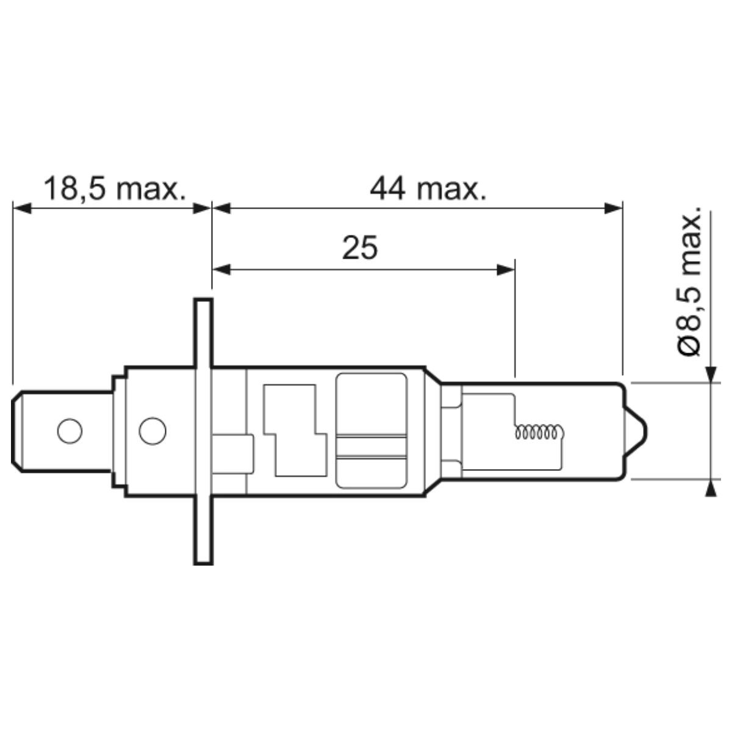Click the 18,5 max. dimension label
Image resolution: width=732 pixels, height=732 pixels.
point(115,188)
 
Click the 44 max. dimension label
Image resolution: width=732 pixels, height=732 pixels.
point(428,188)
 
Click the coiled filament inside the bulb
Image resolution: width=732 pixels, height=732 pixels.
point(540,432)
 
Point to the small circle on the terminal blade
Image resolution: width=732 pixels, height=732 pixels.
point(70,431)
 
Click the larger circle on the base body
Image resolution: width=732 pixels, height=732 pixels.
point(152,431)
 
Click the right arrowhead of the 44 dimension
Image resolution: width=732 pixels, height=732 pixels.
point(614,208)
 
